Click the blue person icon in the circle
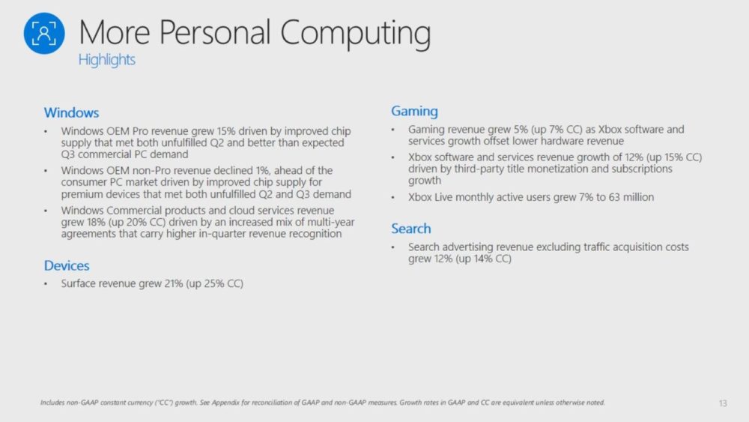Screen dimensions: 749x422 pos(44,34)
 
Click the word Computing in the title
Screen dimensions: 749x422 pos(355,34)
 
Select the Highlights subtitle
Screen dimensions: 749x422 pos(106,60)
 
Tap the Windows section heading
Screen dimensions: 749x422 pos(71,112)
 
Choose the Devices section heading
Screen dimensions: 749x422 pos(67,266)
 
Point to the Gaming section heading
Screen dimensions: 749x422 pos(414,112)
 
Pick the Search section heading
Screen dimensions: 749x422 pos(410,229)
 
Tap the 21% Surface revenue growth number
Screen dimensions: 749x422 pos(174,284)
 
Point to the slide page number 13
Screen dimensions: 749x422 pos(723,403)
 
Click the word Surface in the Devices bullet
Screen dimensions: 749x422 pos(79,284)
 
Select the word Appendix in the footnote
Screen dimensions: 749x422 pos(225,403)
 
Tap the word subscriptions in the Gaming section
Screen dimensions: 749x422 pos(642,169)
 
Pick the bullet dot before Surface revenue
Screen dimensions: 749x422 pos(46,284)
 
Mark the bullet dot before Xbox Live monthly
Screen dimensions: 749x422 pos(393,197)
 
